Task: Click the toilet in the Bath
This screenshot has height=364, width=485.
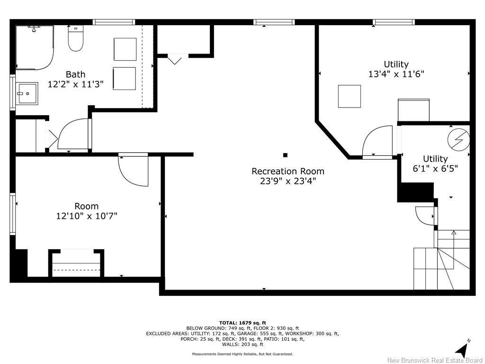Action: click(76, 39)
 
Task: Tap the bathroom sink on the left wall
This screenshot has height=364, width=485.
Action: click(27, 93)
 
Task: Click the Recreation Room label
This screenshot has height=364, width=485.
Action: click(287, 171)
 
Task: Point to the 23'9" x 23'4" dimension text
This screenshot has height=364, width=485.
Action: click(287, 181)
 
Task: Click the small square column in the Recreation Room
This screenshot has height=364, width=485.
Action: click(285, 155)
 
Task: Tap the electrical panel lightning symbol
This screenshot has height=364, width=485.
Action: click(458, 139)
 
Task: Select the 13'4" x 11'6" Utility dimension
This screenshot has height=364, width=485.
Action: click(396, 74)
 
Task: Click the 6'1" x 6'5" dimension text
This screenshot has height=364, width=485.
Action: click(435, 168)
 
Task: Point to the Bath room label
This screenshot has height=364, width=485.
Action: click(75, 74)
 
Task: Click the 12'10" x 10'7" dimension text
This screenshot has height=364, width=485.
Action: click(86, 216)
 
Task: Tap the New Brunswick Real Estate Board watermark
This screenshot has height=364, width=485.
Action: click(435, 360)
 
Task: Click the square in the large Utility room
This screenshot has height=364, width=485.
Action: click(349, 96)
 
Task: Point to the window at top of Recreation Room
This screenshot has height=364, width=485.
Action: click(274, 22)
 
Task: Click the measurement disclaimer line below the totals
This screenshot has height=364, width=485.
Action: click(242, 354)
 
